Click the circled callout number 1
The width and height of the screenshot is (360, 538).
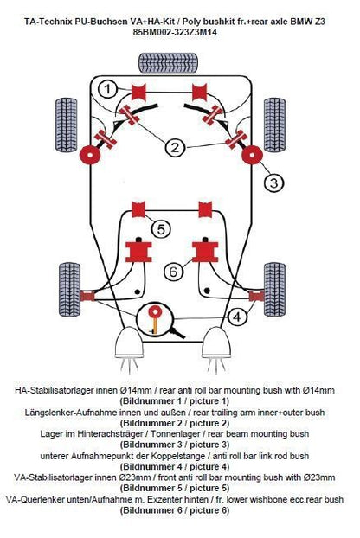pos(108,90)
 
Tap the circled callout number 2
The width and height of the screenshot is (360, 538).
pos(175,148)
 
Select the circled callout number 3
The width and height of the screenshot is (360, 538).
pos(273,183)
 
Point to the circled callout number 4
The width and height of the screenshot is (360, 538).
pos(237,317)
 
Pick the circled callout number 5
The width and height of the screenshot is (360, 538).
pos(161,229)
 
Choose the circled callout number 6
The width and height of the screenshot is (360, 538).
pos(174,272)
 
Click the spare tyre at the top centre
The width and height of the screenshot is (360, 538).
pos(168,63)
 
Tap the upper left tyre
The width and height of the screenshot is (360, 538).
pos(67,125)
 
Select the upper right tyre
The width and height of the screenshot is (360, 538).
pos(274,125)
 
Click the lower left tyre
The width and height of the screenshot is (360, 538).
pos(70,289)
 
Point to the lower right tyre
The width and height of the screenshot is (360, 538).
pos(275,289)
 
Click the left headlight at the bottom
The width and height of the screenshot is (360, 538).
pos(128,343)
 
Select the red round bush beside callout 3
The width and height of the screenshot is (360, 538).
pos(252,155)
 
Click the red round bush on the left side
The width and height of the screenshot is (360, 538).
pos(90,155)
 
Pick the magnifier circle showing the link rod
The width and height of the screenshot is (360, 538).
pos(155,320)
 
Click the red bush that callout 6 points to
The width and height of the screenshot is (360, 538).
pos(205,252)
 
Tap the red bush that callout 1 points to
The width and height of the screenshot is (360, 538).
pos(139,92)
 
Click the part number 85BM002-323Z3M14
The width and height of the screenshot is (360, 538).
pos(175,33)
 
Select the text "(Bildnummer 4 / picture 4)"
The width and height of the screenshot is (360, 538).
pos(175,466)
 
